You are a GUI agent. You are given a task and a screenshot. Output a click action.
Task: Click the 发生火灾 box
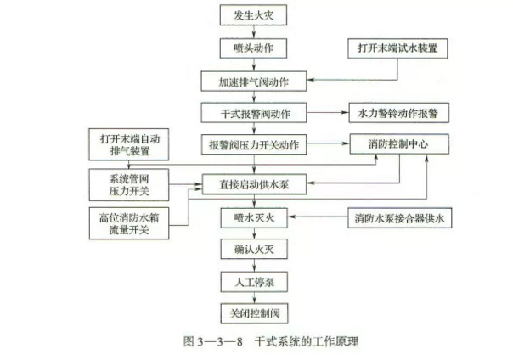tap(253, 15)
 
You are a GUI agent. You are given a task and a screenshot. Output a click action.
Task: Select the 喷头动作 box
tap(253, 48)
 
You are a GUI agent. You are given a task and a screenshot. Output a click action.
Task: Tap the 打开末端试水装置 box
tap(397, 48)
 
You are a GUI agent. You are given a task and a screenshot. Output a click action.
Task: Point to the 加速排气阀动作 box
tap(254, 82)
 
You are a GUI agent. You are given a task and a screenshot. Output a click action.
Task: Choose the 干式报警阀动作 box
tap(254, 113)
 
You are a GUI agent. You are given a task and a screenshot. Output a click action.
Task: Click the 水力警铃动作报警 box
tap(399, 113)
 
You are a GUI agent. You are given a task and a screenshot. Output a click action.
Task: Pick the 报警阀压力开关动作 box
tap(254, 144)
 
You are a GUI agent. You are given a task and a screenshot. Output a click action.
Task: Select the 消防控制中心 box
tap(399, 143)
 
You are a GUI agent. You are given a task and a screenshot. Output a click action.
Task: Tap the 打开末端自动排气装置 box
tap(129, 144)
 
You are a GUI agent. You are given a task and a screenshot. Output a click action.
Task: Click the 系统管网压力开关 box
tap(129, 185)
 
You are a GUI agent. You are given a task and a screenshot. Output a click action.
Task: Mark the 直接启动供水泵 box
tap(254, 184)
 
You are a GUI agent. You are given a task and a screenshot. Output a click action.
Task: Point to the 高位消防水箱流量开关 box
tap(129, 223)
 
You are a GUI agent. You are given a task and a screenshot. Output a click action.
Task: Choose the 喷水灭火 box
tap(254, 217)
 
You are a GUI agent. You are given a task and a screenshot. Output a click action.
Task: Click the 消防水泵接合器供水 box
tap(399, 217)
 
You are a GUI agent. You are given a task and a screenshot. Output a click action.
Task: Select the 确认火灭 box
tap(254, 249)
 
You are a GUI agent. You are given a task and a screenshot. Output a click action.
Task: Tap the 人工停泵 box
tap(254, 282)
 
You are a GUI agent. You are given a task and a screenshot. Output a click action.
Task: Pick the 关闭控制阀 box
tap(254, 313)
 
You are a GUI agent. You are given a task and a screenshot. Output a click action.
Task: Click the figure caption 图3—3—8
tap(213, 341)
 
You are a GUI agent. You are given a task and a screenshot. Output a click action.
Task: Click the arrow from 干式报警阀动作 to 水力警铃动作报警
tap(328, 112)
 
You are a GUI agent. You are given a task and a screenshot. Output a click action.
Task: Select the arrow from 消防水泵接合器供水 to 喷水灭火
tap(318, 217)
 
